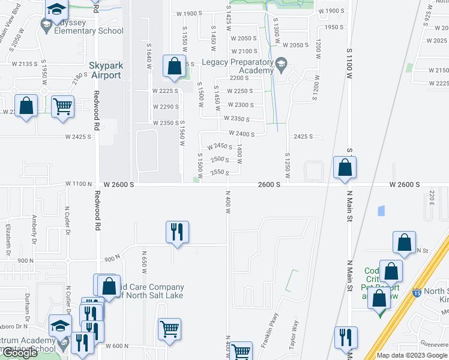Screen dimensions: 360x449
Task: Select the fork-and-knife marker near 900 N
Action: (177, 232)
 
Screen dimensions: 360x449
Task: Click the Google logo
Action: (20, 353)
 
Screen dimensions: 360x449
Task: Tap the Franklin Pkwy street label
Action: (268, 331)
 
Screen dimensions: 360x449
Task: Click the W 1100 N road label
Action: (79, 184)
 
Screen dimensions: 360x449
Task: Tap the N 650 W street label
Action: (144, 259)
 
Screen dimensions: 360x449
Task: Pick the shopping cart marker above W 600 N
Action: (170, 329)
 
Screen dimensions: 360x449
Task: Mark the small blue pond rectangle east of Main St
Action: (381, 211)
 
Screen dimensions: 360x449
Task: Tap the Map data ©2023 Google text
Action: (412, 355)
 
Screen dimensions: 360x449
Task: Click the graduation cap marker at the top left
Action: (56, 9)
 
